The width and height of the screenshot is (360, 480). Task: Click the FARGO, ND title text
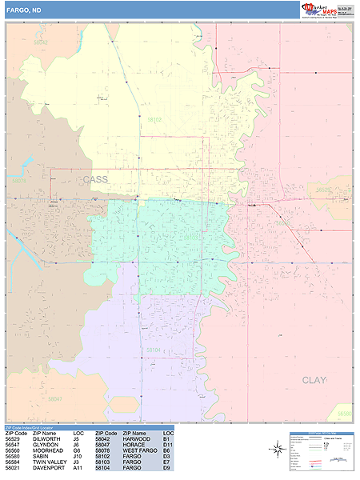(x=22, y=10)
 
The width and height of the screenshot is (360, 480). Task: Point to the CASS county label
(x=94, y=180)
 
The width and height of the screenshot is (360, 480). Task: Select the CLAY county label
(x=314, y=380)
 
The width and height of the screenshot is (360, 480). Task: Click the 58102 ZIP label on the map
(x=154, y=120)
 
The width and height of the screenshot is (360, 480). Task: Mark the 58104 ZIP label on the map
(x=154, y=350)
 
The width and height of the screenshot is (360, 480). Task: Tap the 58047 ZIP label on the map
(x=54, y=398)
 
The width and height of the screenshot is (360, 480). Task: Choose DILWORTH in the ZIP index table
(x=46, y=438)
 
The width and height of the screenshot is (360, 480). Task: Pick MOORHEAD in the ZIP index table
(x=47, y=450)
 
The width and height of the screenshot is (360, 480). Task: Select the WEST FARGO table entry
(x=138, y=450)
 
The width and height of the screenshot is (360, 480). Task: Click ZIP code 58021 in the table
(x=12, y=468)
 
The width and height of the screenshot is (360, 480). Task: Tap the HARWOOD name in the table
(x=137, y=438)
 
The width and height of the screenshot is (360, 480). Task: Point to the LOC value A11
(x=78, y=468)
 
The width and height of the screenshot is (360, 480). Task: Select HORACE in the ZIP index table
(x=134, y=445)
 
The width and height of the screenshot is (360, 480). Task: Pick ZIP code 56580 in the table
(x=12, y=456)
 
